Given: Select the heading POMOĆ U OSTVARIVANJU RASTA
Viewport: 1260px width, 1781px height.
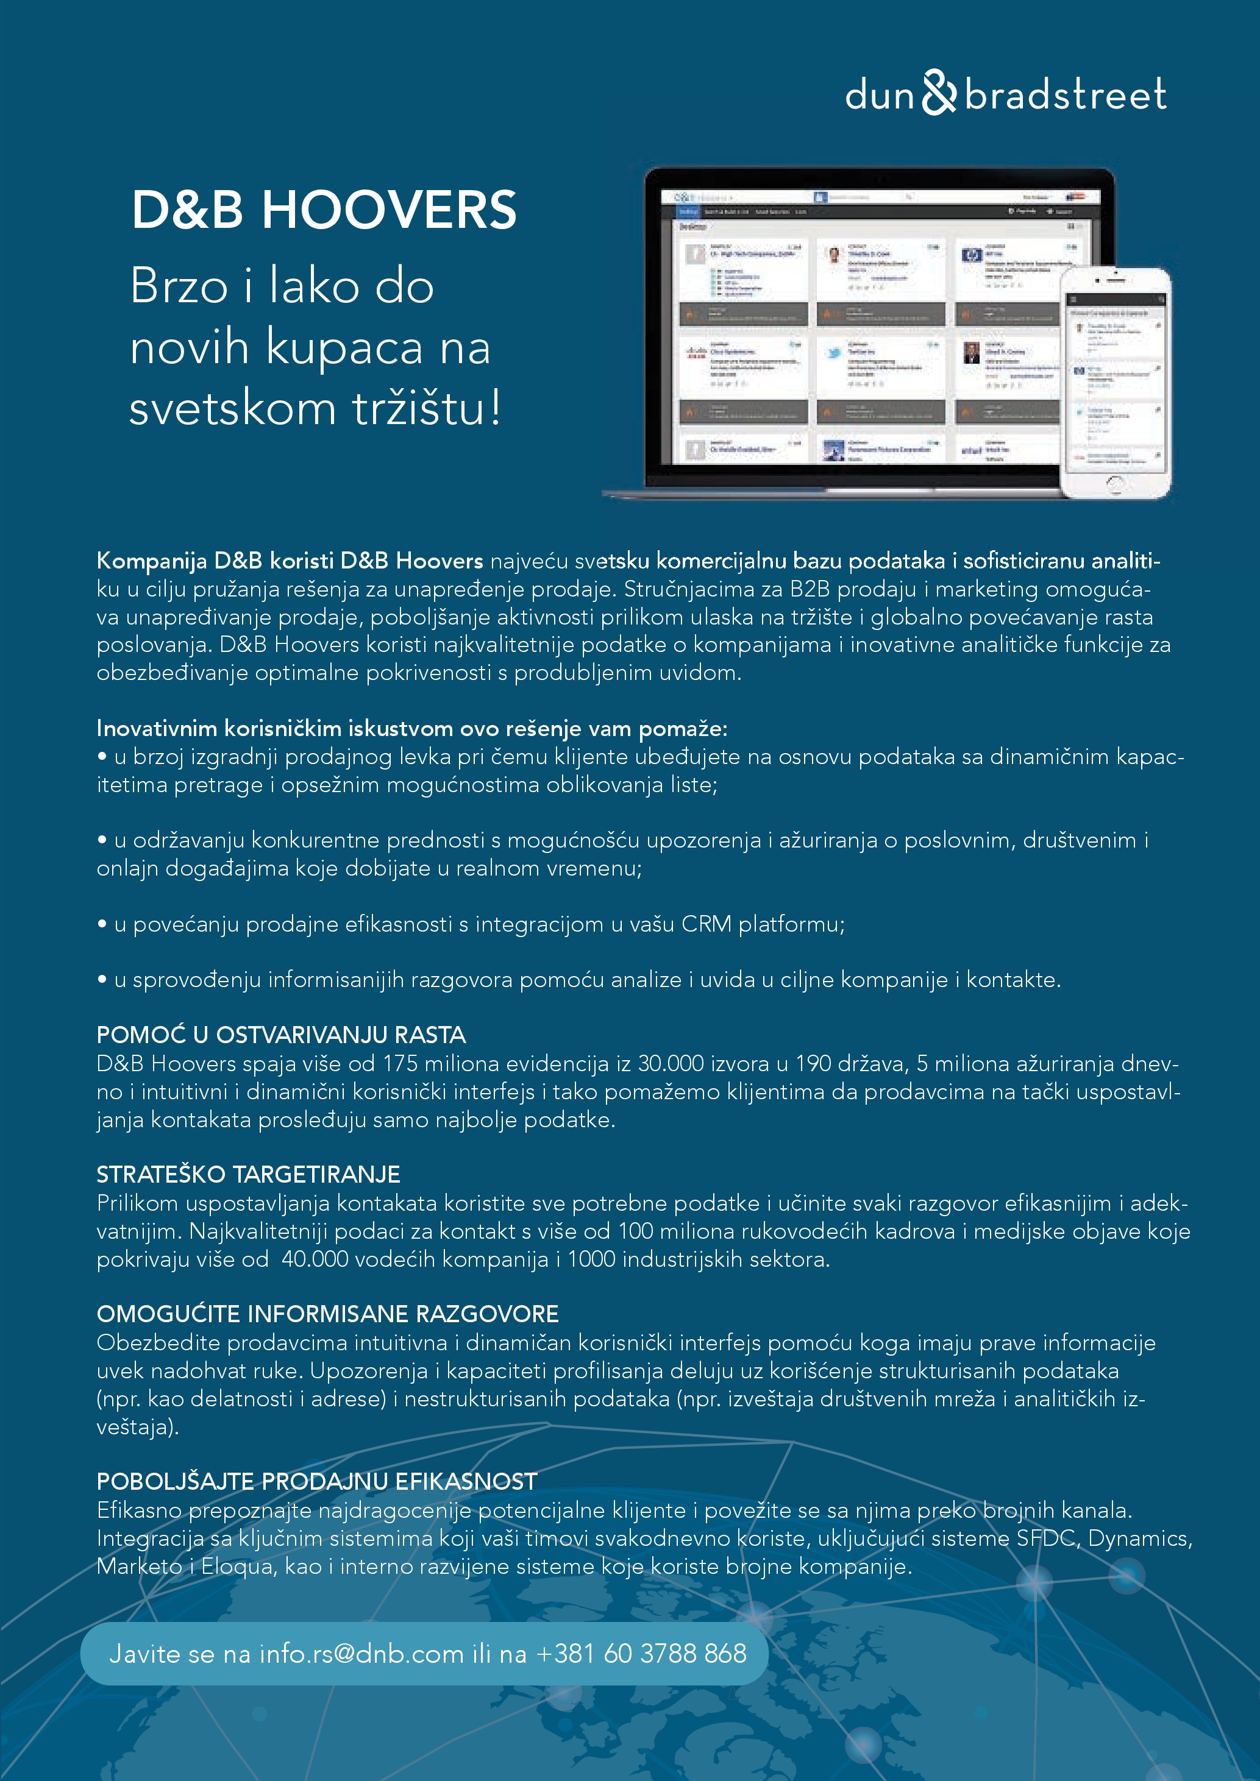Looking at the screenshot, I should click(281, 1035).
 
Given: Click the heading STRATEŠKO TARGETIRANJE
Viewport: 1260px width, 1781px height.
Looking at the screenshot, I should click(248, 1174).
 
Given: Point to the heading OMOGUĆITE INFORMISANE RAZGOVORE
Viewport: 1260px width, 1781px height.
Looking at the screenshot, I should click(327, 1314).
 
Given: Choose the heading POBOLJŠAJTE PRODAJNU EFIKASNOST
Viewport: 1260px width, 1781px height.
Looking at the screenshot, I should click(316, 1482).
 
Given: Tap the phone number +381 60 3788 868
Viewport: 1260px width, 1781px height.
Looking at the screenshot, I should click(641, 1653).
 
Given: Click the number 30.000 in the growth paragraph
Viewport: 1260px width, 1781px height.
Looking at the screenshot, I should click(672, 1063).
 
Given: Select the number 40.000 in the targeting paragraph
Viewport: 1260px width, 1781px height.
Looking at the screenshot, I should click(314, 1259).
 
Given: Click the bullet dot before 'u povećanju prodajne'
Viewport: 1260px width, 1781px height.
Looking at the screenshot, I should click(102, 924).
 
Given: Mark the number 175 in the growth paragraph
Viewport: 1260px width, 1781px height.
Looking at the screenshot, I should click(399, 1063).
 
